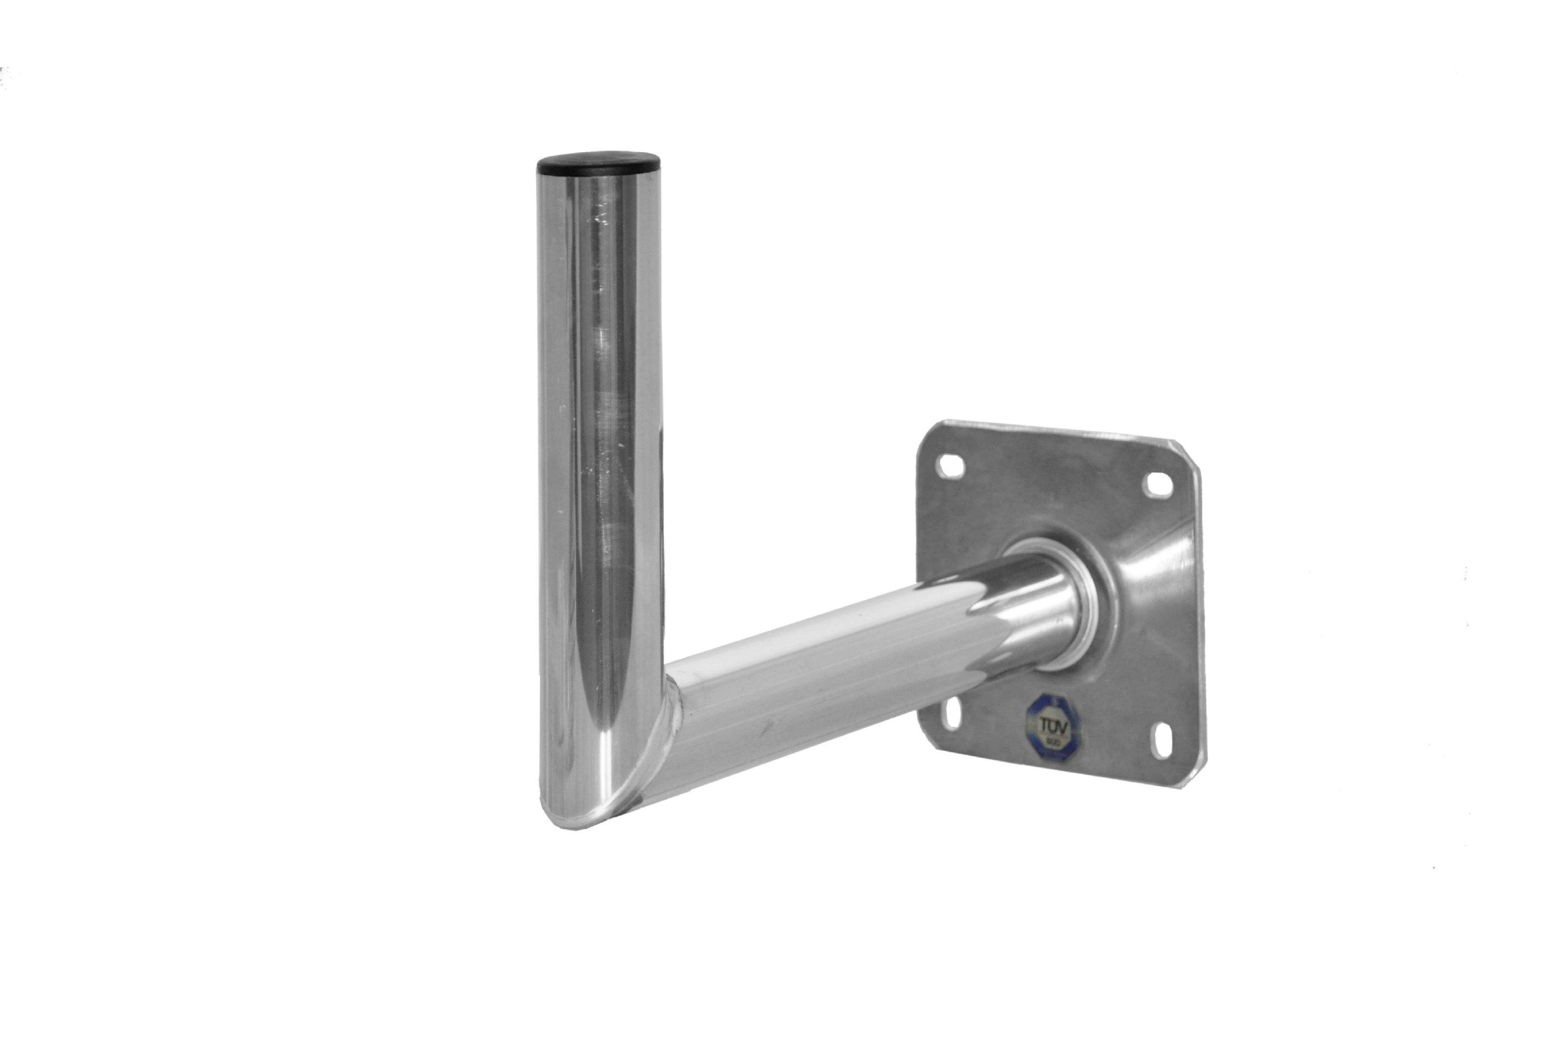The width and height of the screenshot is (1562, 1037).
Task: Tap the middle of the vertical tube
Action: tap(599, 463)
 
